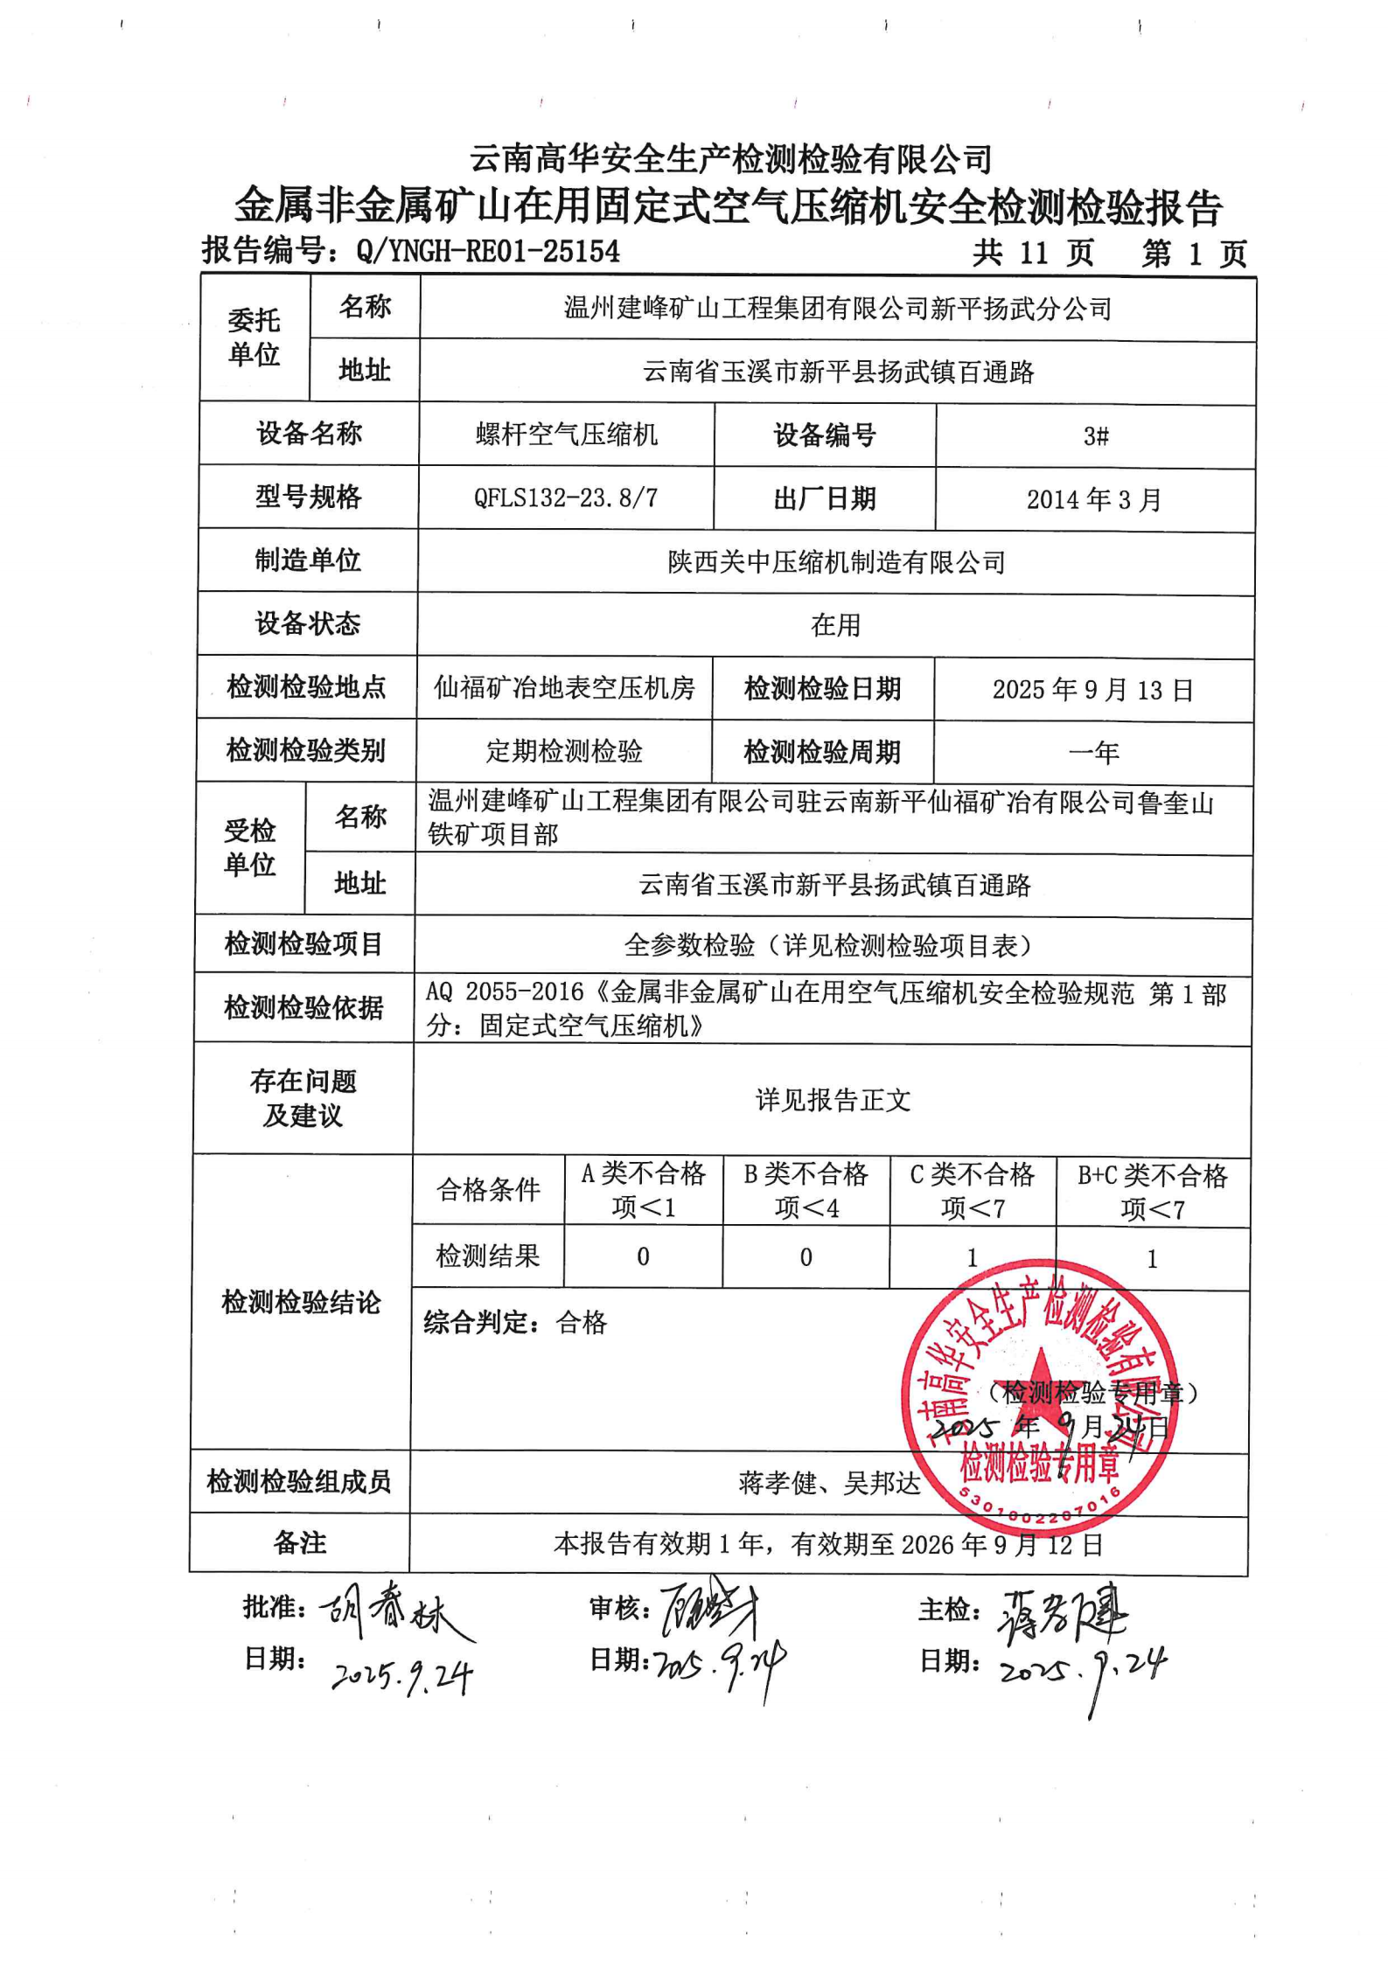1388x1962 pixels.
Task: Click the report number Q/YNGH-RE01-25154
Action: (x=487, y=252)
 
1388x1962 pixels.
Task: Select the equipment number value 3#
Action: (x=1095, y=435)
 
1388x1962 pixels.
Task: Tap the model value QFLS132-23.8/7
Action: (x=565, y=497)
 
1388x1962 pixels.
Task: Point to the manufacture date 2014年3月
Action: (x=1094, y=499)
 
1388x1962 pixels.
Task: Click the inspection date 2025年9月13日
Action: (x=1092, y=690)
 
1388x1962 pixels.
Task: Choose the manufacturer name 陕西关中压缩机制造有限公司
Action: (x=836, y=561)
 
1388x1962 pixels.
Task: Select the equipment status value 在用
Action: (x=835, y=625)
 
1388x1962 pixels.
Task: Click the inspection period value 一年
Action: (x=1093, y=753)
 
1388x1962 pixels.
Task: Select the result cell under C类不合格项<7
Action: (x=972, y=1257)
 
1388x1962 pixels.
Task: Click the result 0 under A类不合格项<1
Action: (x=643, y=1256)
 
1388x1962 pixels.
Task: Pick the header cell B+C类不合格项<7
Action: (x=1152, y=1192)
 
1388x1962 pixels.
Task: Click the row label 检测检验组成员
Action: (x=299, y=1482)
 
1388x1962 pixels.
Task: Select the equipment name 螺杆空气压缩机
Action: (x=566, y=435)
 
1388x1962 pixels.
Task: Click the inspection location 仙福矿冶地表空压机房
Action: (x=564, y=688)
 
